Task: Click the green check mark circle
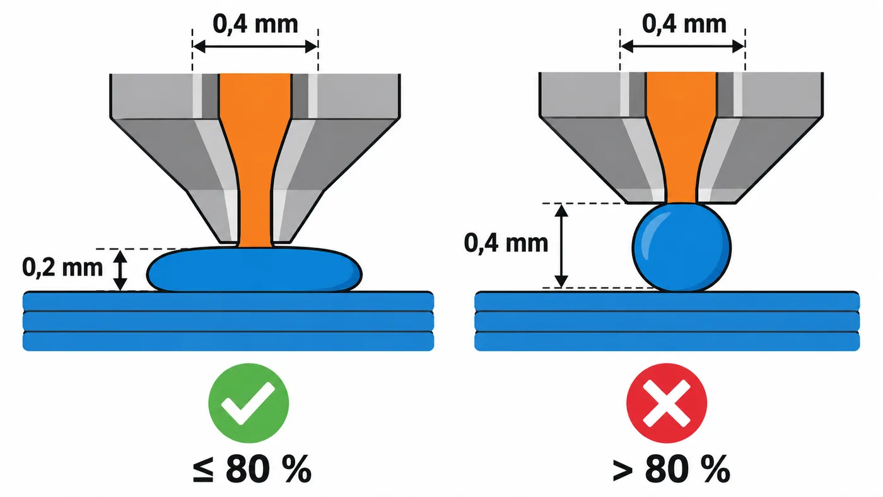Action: pyautogui.click(x=249, y=403)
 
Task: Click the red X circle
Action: pyautogui.click(x=667, y=403)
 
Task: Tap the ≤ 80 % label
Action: pyautogui.click(x=252, y=469)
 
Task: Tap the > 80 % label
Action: pyautogui.click(x=671, y=469)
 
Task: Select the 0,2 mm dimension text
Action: pyautogui.click(x=62, y=267)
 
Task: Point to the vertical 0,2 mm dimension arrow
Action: pyautogui.click(x=120, y=271)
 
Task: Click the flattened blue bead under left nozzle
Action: pyautogui.click(x=254, y=270)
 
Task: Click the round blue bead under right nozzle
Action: pyautogui.click(x=682, y=247)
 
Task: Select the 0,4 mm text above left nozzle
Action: pyautogui.click(x=255, y=24)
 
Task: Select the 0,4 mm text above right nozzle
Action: pyautogui.click(x=684, y=24)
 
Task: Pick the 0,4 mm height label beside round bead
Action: pyautogui.click(x=506, y=243)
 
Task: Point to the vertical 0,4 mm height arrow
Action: pyautogui.click(x=561, y=246)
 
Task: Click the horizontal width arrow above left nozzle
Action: pyautogui.click(x=255, y=47)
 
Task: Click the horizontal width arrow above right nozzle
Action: pyautogui.click(x=682, y=47)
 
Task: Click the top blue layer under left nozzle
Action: pyautogui.click(x=228, y=301)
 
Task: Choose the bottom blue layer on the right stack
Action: pyautogui.click(x=667, y=341)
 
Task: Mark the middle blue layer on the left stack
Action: pyautogui.click(x=228, y=322)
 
